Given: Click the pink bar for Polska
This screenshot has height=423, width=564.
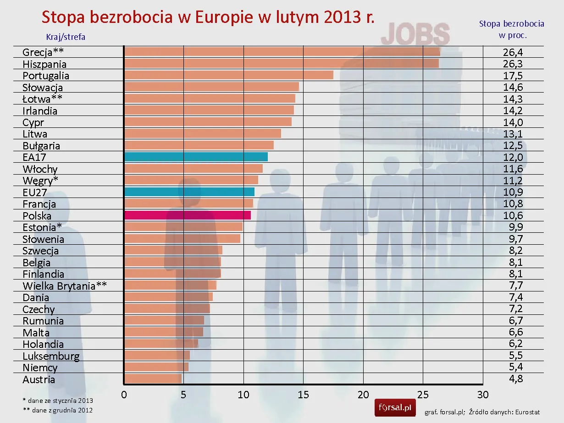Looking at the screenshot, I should coord(187,215).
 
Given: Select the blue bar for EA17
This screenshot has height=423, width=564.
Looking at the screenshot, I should coord(196,157).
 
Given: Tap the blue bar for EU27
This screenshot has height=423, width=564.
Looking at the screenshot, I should coord(189,192).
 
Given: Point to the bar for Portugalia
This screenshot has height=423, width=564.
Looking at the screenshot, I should coord(228,75).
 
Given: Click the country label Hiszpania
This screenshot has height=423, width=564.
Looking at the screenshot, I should coord(44,64).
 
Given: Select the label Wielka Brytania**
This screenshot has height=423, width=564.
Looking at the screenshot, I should coord(65,286).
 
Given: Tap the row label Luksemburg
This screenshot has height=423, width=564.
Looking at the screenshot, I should coord(51,356).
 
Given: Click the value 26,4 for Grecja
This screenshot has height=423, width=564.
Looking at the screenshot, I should coord(513,52).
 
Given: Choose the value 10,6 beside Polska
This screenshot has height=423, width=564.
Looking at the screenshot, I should coord(513,215).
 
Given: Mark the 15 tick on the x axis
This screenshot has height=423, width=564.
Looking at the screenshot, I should coord(303,395).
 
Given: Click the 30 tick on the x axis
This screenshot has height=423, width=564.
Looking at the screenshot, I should coord(483,395).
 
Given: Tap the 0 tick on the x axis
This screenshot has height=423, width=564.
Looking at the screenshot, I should coord(124,395).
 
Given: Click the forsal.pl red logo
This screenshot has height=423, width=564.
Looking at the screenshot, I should coord(395,407).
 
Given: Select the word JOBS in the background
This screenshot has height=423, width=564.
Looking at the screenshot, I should coord(415,34).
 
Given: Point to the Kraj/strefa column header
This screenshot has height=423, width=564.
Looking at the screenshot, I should coord(66,37).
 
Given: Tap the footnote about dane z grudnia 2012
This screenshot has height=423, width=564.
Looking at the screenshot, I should coord(57,410).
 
